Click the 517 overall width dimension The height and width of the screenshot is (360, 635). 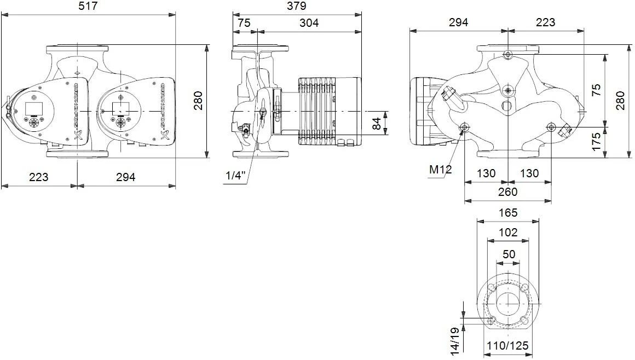[x=89, y=6]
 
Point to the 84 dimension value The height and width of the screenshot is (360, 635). [x=377, y=124]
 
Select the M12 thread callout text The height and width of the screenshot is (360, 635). [x=440, y=169]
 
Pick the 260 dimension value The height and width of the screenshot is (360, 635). [x=507, y=192]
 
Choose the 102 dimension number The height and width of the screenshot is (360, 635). [x=509, y=232]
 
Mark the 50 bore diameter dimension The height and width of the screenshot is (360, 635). [x=509, y=254]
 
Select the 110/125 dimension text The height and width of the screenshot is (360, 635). [x=509, y=346]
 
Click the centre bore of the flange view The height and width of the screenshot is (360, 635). [x=509, y=304]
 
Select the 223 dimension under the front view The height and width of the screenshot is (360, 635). [x=38, y=177]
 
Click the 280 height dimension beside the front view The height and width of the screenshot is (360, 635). [x=198, y=101]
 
